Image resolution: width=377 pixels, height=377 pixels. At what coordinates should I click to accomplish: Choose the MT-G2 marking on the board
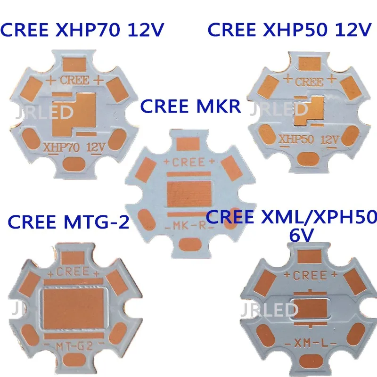[72, 348]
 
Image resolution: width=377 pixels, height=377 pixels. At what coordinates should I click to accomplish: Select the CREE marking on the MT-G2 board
[73, 272]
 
